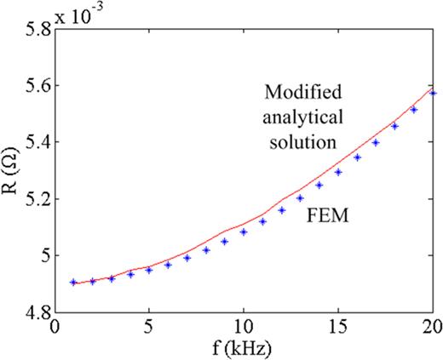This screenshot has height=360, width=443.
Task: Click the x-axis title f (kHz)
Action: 244,348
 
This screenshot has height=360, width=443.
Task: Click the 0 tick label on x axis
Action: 55,326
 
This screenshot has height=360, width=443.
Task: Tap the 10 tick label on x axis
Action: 244,326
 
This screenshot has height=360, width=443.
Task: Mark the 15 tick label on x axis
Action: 338,326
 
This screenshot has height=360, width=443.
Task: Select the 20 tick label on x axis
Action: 432,326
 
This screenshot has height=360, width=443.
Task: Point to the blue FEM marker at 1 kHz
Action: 74,282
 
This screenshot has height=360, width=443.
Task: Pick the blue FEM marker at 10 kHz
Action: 244,231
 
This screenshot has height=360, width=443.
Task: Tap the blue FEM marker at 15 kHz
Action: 338,172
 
